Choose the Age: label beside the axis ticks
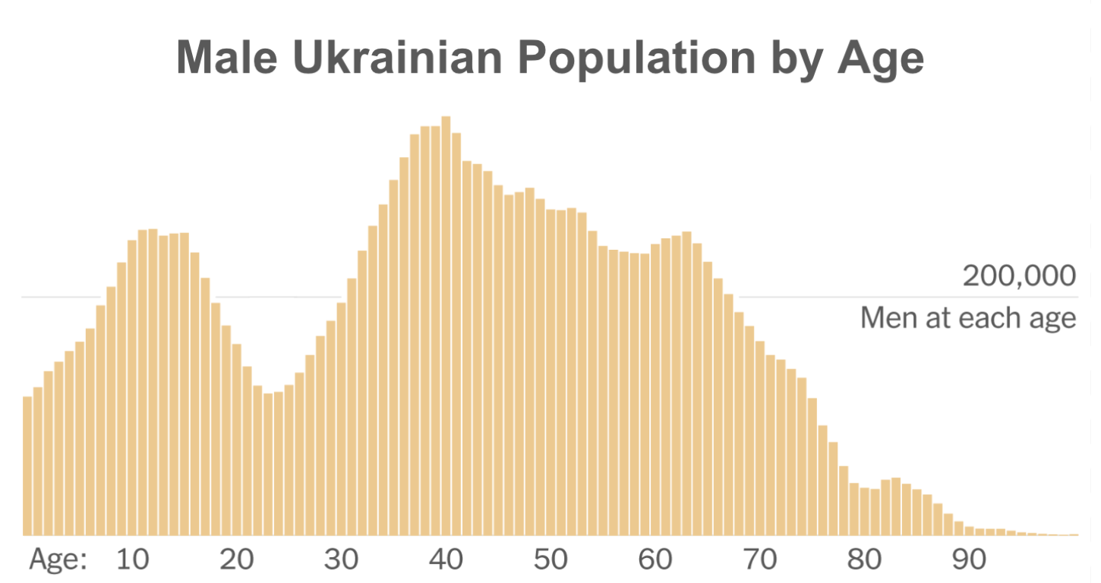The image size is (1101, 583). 58,560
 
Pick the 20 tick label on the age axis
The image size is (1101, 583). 236,560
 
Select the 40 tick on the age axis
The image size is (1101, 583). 446,560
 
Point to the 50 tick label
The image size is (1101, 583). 550,560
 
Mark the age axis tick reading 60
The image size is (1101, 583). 655,560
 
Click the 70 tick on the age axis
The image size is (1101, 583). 760,560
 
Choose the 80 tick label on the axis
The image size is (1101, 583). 865,560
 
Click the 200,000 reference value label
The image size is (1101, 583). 1019,276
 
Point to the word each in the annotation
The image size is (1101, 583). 989,317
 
